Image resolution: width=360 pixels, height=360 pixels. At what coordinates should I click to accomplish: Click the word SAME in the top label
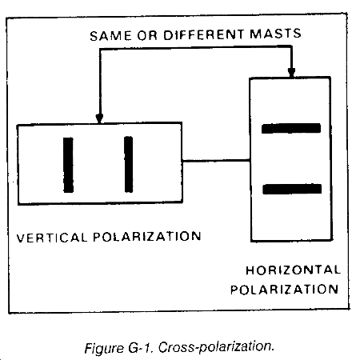click(x=110, y=36)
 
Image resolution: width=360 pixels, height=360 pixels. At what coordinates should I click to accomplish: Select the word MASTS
click(x=275, y=34)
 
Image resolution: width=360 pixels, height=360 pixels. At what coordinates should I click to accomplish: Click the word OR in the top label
click(x=147, y=35)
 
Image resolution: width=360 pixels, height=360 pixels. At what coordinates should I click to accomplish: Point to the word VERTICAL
click(x=52, y=238)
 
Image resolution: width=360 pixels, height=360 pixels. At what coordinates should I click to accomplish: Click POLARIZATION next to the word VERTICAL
click(x=147, y=237)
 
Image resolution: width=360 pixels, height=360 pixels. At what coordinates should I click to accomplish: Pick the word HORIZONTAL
click(x=293, y=270)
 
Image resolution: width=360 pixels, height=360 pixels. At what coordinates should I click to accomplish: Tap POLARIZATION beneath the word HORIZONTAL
click(x=285, y=290)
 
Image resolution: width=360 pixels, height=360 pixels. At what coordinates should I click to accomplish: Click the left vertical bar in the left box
click(x=68, y=165)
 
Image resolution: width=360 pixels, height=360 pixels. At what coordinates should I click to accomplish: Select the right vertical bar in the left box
click(x=129, y=164)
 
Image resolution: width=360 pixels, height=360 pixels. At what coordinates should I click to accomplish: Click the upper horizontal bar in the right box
click(x=291, y=128)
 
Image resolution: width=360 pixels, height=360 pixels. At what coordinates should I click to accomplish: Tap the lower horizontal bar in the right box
click(x=292, y=189)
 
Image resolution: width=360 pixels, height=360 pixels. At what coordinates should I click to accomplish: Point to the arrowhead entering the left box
click(x=99, y=118)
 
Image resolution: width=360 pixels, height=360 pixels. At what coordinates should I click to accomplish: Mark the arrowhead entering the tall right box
click(x=291, y=72)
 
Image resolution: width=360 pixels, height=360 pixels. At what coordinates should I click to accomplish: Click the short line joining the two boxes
click(x=216, y=161)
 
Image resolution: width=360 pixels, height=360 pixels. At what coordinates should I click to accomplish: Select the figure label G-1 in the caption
click(x=142, y=348)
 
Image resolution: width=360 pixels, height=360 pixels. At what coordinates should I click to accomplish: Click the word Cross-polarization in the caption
click(x=216, y=347)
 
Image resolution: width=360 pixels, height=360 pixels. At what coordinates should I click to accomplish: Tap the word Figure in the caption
click(x=104, y=349)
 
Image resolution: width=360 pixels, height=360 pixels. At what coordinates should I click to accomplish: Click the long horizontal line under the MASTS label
click(x=195, y=48)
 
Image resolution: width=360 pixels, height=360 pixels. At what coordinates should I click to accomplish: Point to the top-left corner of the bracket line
click(x=100, y=50)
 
